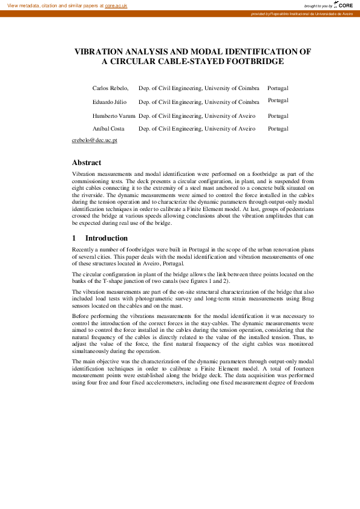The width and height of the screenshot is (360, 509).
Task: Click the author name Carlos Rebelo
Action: [110, 88]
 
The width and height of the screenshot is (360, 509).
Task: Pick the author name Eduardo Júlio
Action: [110, 102]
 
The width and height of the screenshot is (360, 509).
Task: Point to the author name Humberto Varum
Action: [114, 115]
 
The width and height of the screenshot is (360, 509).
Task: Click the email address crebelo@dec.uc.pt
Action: [94, 140]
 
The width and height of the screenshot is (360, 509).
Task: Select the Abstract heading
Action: [87, 163]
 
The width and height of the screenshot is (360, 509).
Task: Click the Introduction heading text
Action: [106, 238]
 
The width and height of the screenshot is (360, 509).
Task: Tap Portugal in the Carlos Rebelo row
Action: [278, 88]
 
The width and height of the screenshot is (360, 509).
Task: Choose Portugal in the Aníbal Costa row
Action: [278, 129]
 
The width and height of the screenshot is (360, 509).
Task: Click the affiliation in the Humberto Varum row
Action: [197, 115]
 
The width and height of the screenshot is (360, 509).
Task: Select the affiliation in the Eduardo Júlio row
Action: [199, 102]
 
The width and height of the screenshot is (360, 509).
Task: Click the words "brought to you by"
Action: [318, 5]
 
